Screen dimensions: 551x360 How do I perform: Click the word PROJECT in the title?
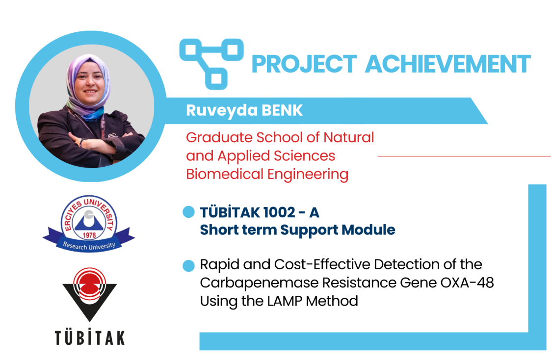[304, 64]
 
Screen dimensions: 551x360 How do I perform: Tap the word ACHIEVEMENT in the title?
[448, 64]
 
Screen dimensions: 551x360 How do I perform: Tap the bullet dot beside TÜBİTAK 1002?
[189, 212]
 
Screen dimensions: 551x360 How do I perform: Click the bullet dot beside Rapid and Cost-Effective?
[189, 266]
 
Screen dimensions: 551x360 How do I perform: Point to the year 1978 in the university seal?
[89, 235]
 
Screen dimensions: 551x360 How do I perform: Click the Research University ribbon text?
[89, 246]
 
